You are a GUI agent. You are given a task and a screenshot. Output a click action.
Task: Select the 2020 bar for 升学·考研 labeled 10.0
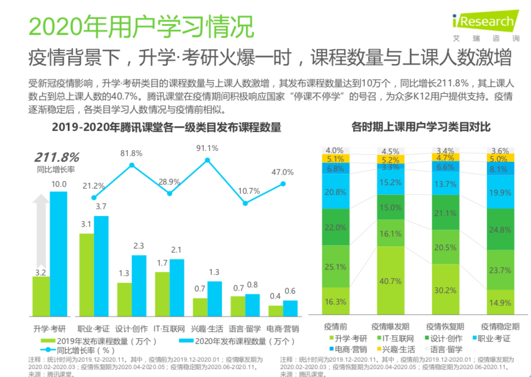point(58,254)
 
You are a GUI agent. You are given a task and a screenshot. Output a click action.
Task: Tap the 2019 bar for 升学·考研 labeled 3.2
point(41,296)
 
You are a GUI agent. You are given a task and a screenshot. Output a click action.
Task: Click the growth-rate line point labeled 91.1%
point(207,161)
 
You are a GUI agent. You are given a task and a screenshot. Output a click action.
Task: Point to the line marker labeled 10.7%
point(245,203)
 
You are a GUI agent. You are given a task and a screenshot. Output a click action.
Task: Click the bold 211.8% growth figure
point(57,157)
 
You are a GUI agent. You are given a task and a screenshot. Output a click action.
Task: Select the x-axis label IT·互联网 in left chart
point(170,328)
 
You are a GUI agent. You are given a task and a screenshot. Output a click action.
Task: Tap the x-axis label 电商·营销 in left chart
point(283,328)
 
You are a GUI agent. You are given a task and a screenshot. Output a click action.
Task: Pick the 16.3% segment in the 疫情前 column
point(335,302)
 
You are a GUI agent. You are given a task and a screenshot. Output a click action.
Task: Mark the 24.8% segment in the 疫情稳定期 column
point(500,230)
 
